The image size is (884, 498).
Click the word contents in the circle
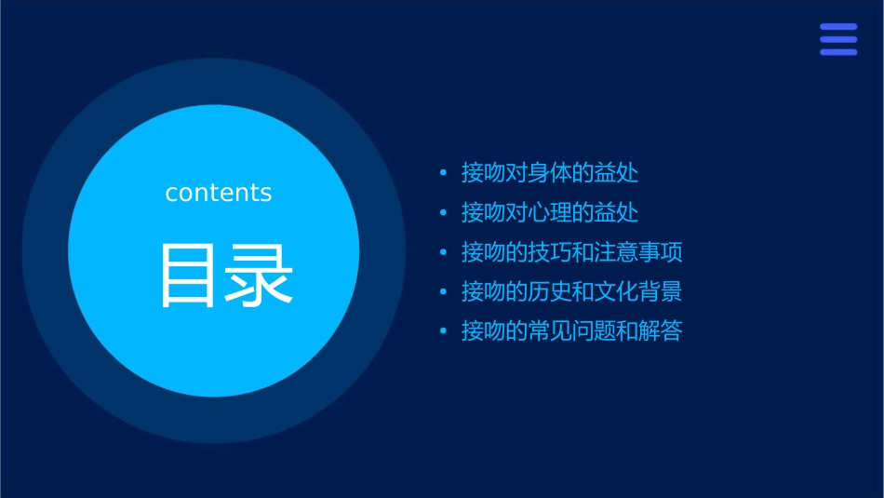(219, 193)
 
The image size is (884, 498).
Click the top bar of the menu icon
(838, 27)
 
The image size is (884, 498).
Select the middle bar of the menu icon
(838, 39)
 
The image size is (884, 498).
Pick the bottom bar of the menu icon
(838, 52)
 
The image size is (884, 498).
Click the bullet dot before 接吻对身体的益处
(443, 173)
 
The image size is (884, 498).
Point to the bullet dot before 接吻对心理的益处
(443, 213)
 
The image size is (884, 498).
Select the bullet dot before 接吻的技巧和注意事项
(443, 252)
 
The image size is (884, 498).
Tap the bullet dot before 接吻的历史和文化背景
(443, 292)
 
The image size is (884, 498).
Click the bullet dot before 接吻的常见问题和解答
(443, 331)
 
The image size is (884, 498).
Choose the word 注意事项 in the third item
(638, 252)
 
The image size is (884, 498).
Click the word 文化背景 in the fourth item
(638, 292)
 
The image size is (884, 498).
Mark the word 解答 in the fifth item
(661, 331)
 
